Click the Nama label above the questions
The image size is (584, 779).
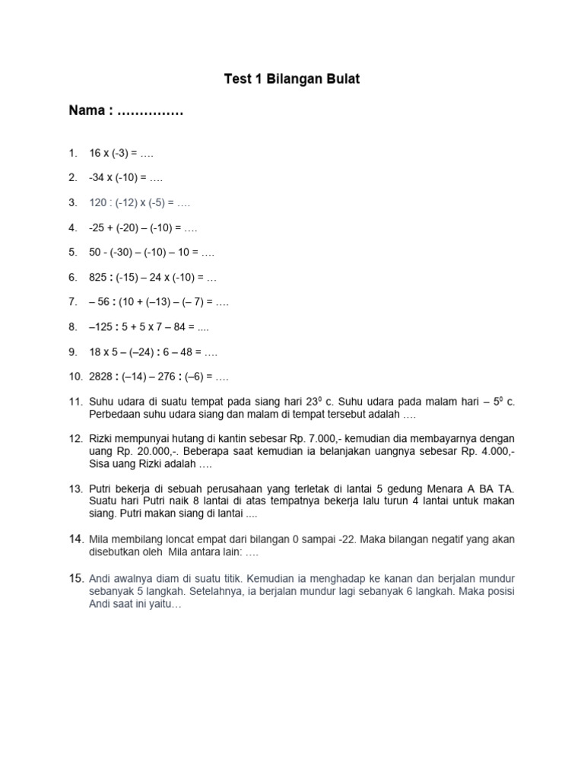click(x=86, y=112)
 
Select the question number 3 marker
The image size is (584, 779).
click(x=72, y=203)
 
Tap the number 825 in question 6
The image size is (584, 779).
click(x=99, y=277)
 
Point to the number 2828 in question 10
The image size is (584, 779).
click(x=103, y=376)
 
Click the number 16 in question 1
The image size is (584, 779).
click(x=95, y=154)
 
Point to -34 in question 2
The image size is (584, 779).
click(x=97, y=178)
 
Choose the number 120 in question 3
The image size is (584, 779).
click(x=99, y=203)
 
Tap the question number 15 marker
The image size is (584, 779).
click(x=75, y=578)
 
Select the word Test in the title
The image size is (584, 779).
click(x=236, y=79)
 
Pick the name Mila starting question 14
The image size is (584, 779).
click(x=101, y=539)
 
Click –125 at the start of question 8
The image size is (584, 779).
click(x=103, y=326)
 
